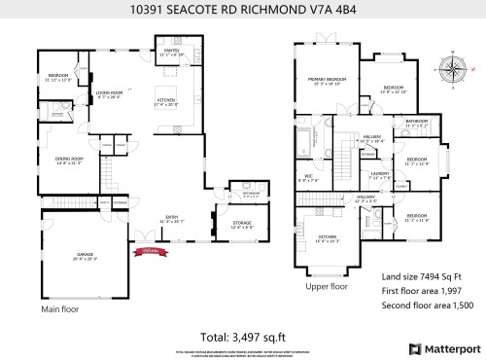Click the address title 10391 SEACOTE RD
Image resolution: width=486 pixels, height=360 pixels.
point(242,11)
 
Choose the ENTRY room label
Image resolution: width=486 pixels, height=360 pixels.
point(171,219)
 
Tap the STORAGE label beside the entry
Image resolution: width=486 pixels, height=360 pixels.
point(242,225)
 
